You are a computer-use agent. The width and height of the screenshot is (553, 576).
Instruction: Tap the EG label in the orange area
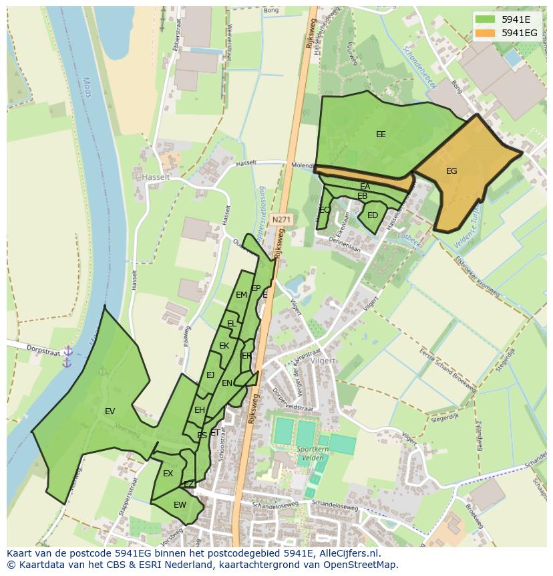click(x=451, y=171)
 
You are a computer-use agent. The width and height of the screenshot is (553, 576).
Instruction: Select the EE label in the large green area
click(x=381, y=134)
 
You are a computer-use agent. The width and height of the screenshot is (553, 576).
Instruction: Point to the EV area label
click(x=110, y=411)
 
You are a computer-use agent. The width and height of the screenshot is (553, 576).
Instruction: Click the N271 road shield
click(x=281, y=219)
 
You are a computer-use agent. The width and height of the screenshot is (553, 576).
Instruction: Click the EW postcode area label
click(x=180, y=505)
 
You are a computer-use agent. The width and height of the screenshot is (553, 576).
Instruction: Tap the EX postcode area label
click(x=168, y=474)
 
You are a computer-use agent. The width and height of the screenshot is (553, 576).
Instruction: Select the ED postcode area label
click(x=373, y=215)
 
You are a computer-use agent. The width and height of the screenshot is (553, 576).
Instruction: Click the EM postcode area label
click(x=241, y=294)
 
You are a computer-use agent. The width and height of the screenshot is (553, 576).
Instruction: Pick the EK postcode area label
click(x=224, y=346)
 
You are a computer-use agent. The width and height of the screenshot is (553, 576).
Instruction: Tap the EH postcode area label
click(x=200, y=410)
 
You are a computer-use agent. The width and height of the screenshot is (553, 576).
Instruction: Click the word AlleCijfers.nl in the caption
click(x=347, y=553)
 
